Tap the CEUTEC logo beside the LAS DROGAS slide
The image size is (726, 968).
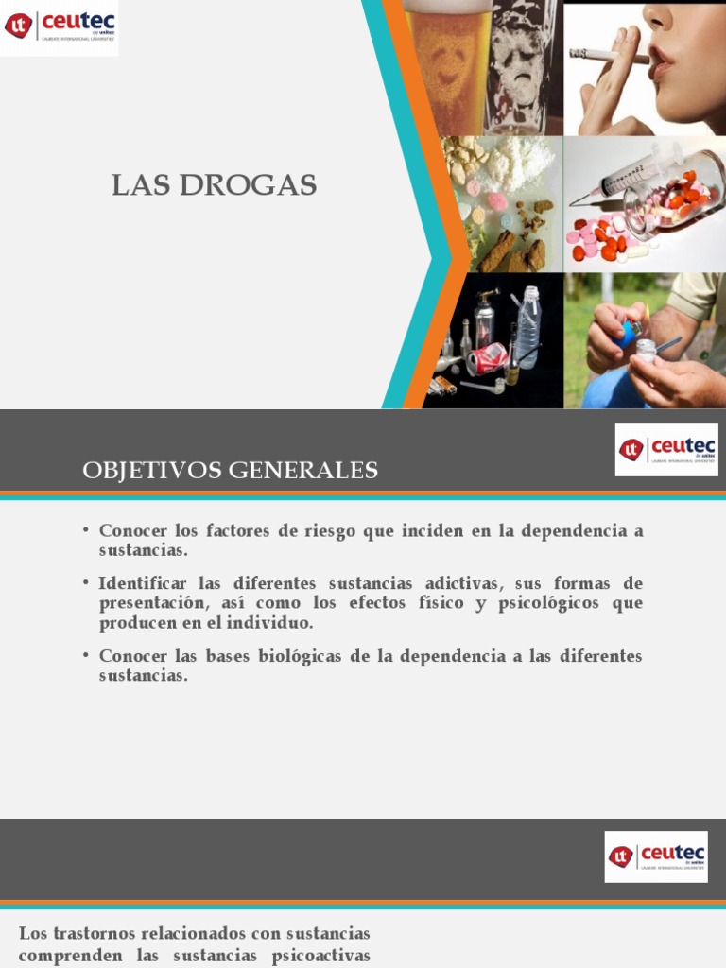point(59,26)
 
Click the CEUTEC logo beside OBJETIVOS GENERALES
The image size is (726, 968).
point(666,450)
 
